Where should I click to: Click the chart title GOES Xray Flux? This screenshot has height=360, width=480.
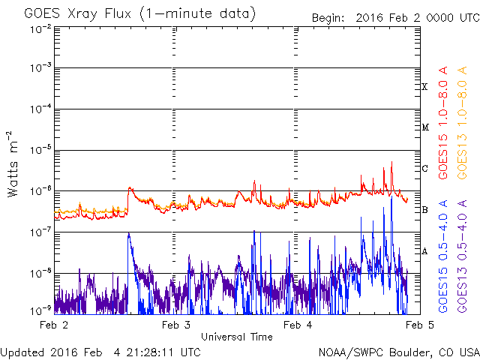[x=78, y=13]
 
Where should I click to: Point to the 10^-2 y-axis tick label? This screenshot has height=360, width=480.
[x=40, y=29]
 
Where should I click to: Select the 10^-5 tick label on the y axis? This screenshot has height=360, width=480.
[x=40, y=150]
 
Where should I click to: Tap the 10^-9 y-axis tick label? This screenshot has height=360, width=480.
[x=40, y=311]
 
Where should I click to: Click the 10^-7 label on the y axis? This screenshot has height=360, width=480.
[x=40, y=232]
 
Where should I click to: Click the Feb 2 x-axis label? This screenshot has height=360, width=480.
[x=54, y=325]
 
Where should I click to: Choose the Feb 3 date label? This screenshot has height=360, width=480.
[x=176, y=325]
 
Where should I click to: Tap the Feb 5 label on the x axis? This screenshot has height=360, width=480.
[x=420, y=325]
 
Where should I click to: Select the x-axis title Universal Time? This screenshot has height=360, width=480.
[x=237, y=337]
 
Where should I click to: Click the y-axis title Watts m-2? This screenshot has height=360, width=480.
[x=13, y=164]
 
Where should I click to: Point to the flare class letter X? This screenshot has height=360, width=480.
[x=424, y=87]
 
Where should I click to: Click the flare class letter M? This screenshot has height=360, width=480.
[x=425, y=127]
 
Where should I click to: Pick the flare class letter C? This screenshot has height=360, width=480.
[x=424, y=168]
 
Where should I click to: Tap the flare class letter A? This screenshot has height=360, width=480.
[x=424, y=251]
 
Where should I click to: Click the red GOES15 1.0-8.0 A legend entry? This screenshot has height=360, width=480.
[x=443, y=123]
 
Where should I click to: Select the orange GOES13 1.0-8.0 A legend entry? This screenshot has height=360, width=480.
[x=462, y=123]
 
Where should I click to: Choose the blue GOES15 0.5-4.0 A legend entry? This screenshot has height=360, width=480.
[x=443, y=256]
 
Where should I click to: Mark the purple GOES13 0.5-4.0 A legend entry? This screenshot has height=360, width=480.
[x=462, y=256]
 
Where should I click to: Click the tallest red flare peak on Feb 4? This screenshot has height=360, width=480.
[x=391, y=162]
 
